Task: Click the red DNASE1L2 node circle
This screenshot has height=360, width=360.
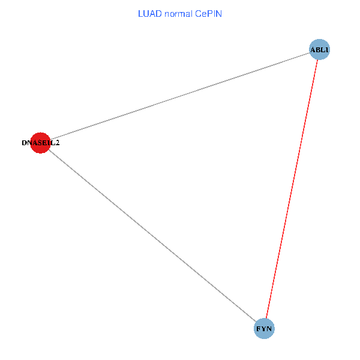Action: [40, 143]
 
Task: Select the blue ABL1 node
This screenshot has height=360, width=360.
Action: [319, 49]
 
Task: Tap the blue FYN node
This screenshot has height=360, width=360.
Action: [264, 329]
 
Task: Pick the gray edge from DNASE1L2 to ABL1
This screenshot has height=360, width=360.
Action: [180, 96]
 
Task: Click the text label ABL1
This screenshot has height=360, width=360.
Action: [320, 50]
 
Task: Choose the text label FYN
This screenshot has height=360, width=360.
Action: [264, 329]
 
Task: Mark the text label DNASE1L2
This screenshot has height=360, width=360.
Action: [40, 143]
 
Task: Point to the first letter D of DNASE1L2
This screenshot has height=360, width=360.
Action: [24, 143]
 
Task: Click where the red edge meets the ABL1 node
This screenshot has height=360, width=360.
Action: [317, 59]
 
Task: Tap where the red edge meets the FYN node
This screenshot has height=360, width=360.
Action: [266, 319]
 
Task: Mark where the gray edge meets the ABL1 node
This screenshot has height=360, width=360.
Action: [310, 53]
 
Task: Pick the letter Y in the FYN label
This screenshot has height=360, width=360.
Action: [264, 329]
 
